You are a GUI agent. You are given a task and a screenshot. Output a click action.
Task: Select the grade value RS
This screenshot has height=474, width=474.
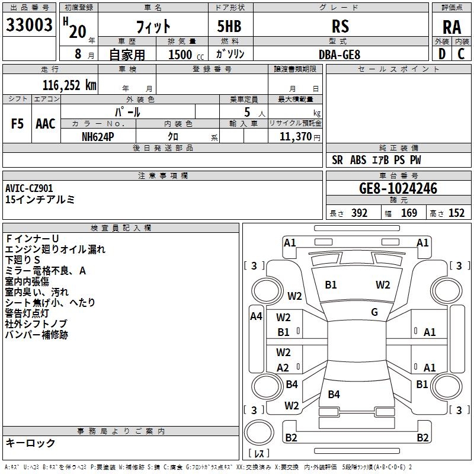340,26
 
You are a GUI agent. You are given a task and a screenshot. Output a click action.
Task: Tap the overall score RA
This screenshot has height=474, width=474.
451,27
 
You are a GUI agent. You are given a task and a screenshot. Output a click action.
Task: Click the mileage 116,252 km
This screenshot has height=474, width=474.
69,85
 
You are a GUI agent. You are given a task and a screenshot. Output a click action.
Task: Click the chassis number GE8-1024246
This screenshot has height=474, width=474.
398,188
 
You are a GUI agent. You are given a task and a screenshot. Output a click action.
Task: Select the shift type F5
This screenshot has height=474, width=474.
18,123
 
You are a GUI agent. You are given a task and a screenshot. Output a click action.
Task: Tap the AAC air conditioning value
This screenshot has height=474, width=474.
46,123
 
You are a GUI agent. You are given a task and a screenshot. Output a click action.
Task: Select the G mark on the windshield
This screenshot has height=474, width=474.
374,312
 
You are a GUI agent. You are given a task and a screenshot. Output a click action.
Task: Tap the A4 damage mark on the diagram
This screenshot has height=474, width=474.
256,316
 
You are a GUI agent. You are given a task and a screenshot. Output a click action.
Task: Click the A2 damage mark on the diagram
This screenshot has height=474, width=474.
283,368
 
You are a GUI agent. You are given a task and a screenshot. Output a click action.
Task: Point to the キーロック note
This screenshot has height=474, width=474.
30,443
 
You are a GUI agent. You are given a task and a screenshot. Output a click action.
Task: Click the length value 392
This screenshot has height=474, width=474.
358,213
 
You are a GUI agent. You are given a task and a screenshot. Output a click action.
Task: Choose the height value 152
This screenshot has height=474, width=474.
456,213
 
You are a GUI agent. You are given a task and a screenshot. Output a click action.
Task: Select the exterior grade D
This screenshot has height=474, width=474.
441,54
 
